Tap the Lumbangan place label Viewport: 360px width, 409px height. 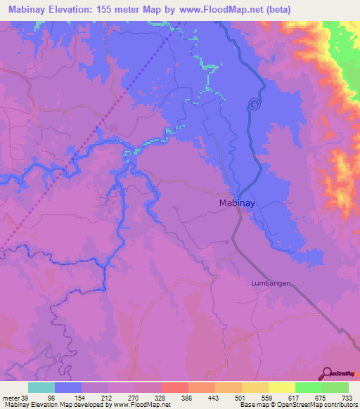tap(271, 283)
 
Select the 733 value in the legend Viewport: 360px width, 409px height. tap(347, 397)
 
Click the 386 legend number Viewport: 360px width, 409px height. tap(186, 397)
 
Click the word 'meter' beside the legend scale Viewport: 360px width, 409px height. tap(10, 397)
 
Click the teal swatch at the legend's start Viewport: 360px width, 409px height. tap(41, 387)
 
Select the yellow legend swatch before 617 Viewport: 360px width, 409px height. tap(281, 387)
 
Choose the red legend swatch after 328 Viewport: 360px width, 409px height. tap(174, 387)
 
